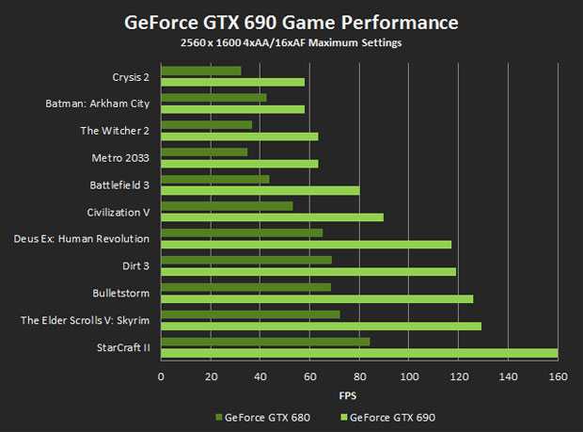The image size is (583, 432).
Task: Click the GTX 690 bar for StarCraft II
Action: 359,354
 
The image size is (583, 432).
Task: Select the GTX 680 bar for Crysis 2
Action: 201,71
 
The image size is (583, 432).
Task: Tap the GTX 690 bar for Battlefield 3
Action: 260,190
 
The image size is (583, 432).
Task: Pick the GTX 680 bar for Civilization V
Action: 227,206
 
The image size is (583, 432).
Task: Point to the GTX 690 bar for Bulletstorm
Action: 317,299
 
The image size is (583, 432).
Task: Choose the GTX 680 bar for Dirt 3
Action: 246,260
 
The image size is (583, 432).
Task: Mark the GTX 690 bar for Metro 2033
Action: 240,164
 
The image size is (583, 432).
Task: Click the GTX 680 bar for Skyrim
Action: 250,314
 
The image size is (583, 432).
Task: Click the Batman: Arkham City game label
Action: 98,103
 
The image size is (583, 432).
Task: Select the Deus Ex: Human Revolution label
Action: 82,238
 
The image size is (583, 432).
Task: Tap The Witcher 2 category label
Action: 115,130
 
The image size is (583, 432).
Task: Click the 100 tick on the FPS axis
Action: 409,377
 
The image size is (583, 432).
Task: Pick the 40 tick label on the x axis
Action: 260,377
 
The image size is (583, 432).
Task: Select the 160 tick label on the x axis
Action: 558,377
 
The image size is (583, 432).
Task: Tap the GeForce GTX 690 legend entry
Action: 387,416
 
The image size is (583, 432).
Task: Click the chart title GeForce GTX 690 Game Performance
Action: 291,20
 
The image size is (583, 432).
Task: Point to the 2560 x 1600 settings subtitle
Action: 291,44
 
